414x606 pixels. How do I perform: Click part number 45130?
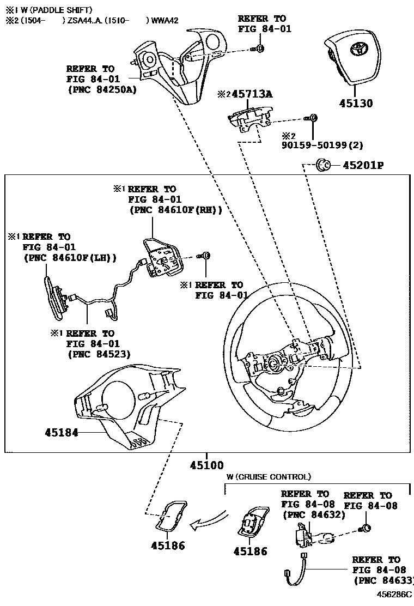[354, 103]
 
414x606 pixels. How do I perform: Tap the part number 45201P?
[363, 165]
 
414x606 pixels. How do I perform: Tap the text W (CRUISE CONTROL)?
[269, 477]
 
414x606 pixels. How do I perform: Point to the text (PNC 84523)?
[99, 354]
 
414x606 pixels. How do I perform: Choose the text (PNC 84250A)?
[101, 90]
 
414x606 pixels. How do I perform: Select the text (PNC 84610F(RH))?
[175, 210]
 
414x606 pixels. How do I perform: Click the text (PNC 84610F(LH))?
[70, 258]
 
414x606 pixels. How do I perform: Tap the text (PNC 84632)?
[313, 514]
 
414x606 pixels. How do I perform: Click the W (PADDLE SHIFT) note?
[53, 10]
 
